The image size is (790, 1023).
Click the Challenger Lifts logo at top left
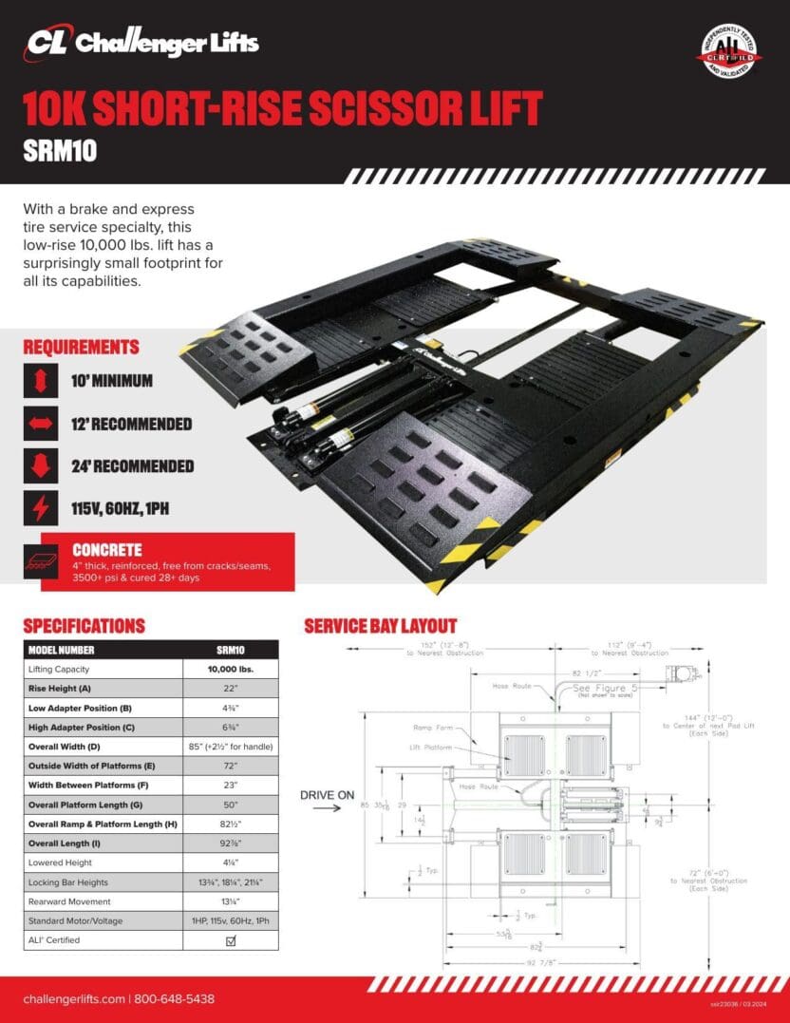tap(142, 43)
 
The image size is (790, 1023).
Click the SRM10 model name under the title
tap(60, 151)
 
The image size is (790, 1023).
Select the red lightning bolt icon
tap(41, 508)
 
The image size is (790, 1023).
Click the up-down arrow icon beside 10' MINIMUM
tap(41, 382)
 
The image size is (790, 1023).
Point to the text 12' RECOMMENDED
tap(132, 424)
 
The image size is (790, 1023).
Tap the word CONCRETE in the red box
tap(107, 550)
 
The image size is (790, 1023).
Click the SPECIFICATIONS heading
tap(84, 626)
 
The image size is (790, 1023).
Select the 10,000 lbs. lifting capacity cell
tap(231, 669)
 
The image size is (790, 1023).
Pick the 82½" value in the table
tap(231, 824)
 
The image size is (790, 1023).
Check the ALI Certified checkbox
tap(231, 940)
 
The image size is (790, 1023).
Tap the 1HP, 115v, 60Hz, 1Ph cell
tap(231, 920)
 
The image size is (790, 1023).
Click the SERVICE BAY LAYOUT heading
tap(380, 626)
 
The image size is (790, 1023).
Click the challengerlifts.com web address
tap(73, 999)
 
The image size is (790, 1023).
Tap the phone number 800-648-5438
tap(174, 999)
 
